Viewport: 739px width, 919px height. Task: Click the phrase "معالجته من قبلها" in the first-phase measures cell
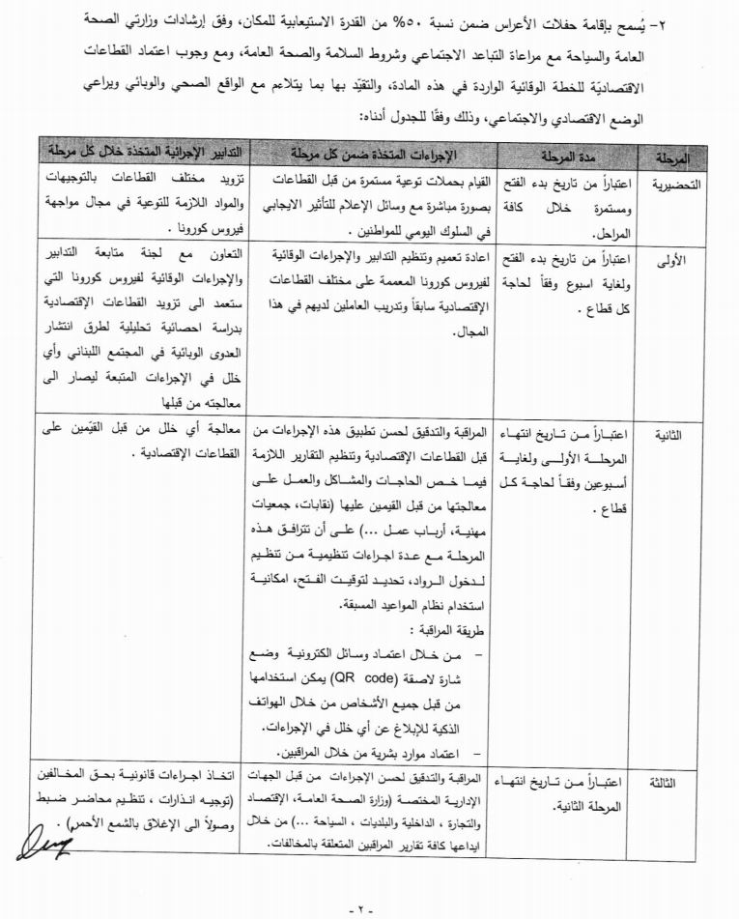[209, 401]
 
